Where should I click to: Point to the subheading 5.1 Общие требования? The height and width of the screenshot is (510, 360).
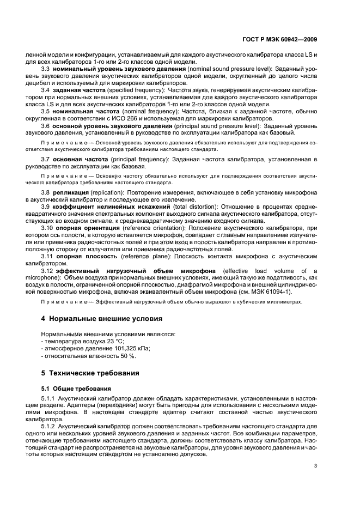77,388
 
